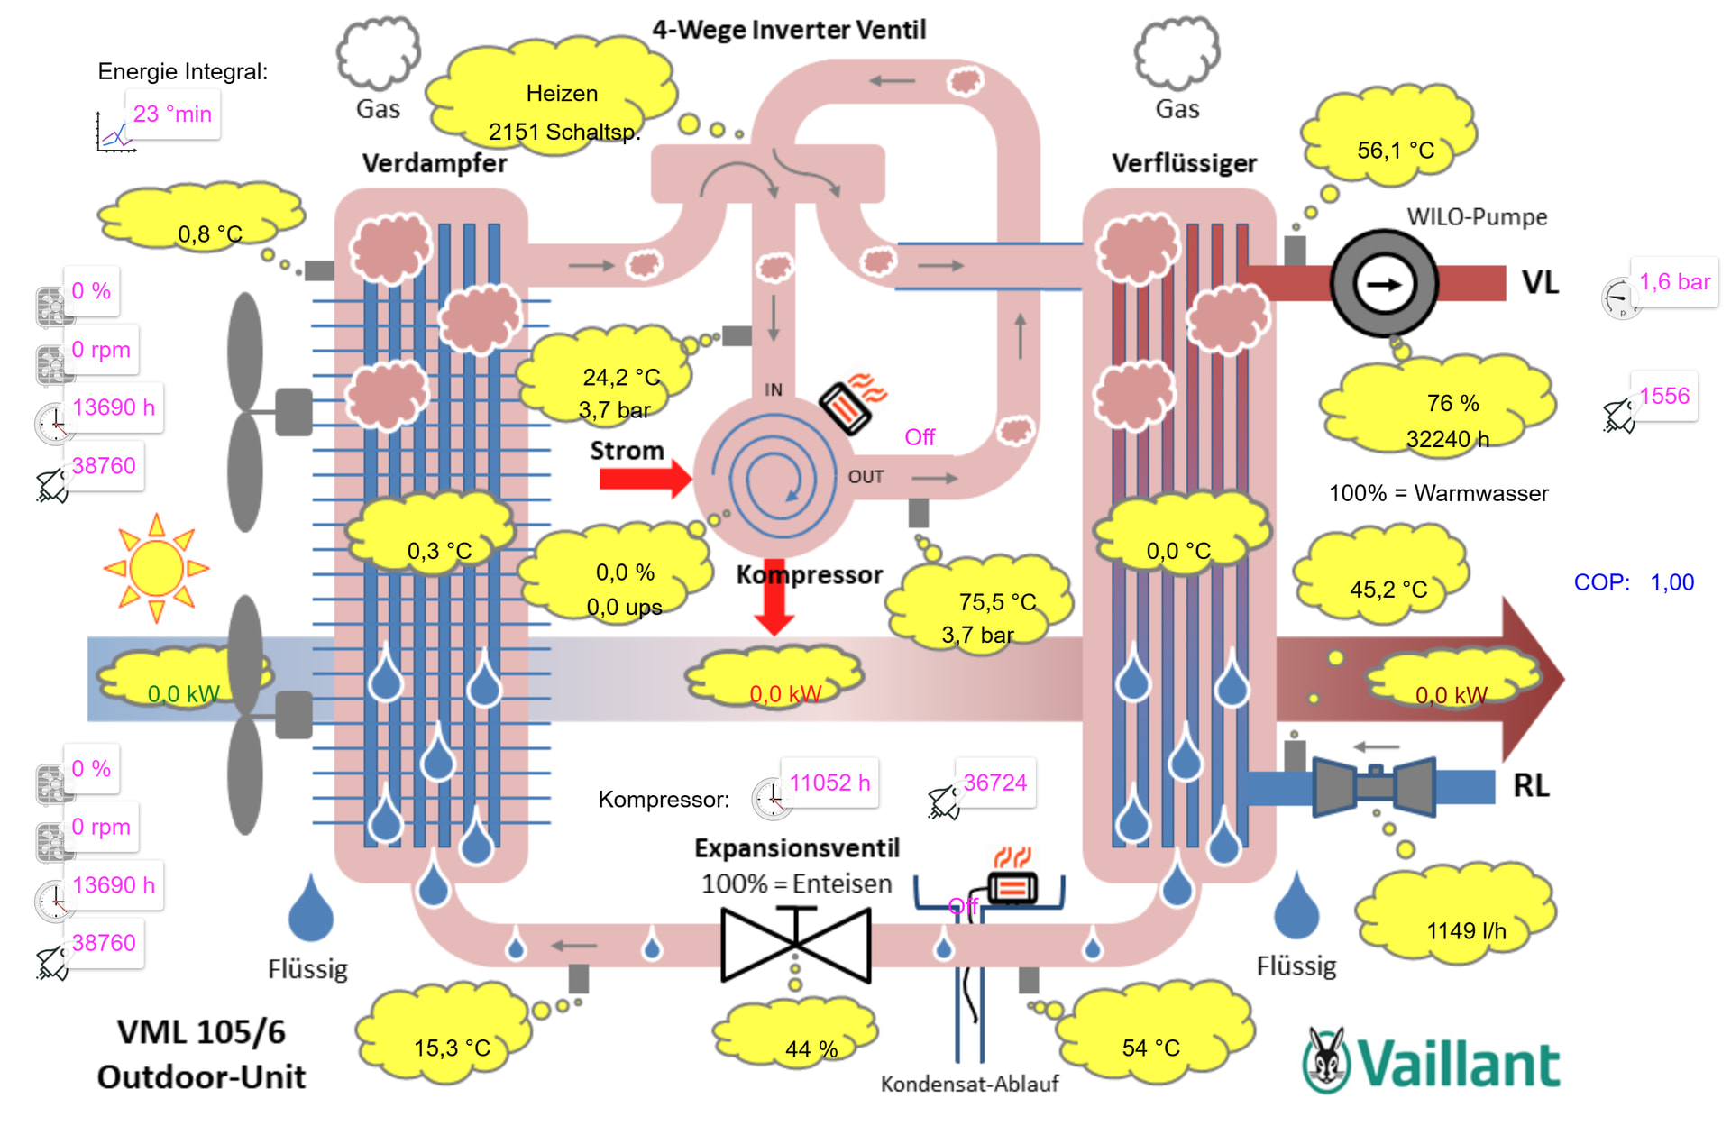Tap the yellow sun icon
point(157,568)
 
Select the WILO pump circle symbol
point(1384,284)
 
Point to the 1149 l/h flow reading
point(1466,931)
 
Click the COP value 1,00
point(1671,582)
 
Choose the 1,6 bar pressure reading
point(1674,282)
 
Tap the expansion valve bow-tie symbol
point(796,944)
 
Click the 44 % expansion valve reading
point(811,1049)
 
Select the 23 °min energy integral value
point(172,114)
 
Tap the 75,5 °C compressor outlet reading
point(997,602)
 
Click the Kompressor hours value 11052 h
point(829,783)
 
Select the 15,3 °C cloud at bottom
point(452,1048)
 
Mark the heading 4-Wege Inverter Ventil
point(789,30)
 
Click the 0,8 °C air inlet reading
point(209,234)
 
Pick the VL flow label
point(1540,283)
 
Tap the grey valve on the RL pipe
point(1374,786)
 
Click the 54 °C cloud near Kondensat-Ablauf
point(1150,1048)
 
